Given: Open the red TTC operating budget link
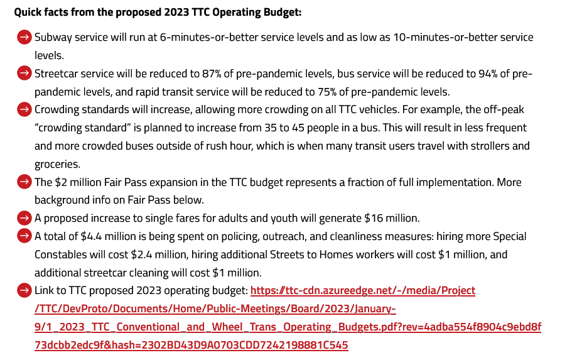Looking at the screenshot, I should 363,291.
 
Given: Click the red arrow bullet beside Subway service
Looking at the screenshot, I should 24,38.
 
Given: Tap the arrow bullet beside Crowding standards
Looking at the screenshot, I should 24,110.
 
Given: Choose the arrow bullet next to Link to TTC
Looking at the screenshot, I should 24,291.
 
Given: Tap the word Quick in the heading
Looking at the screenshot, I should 28,12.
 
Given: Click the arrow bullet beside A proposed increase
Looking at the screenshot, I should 24,219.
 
